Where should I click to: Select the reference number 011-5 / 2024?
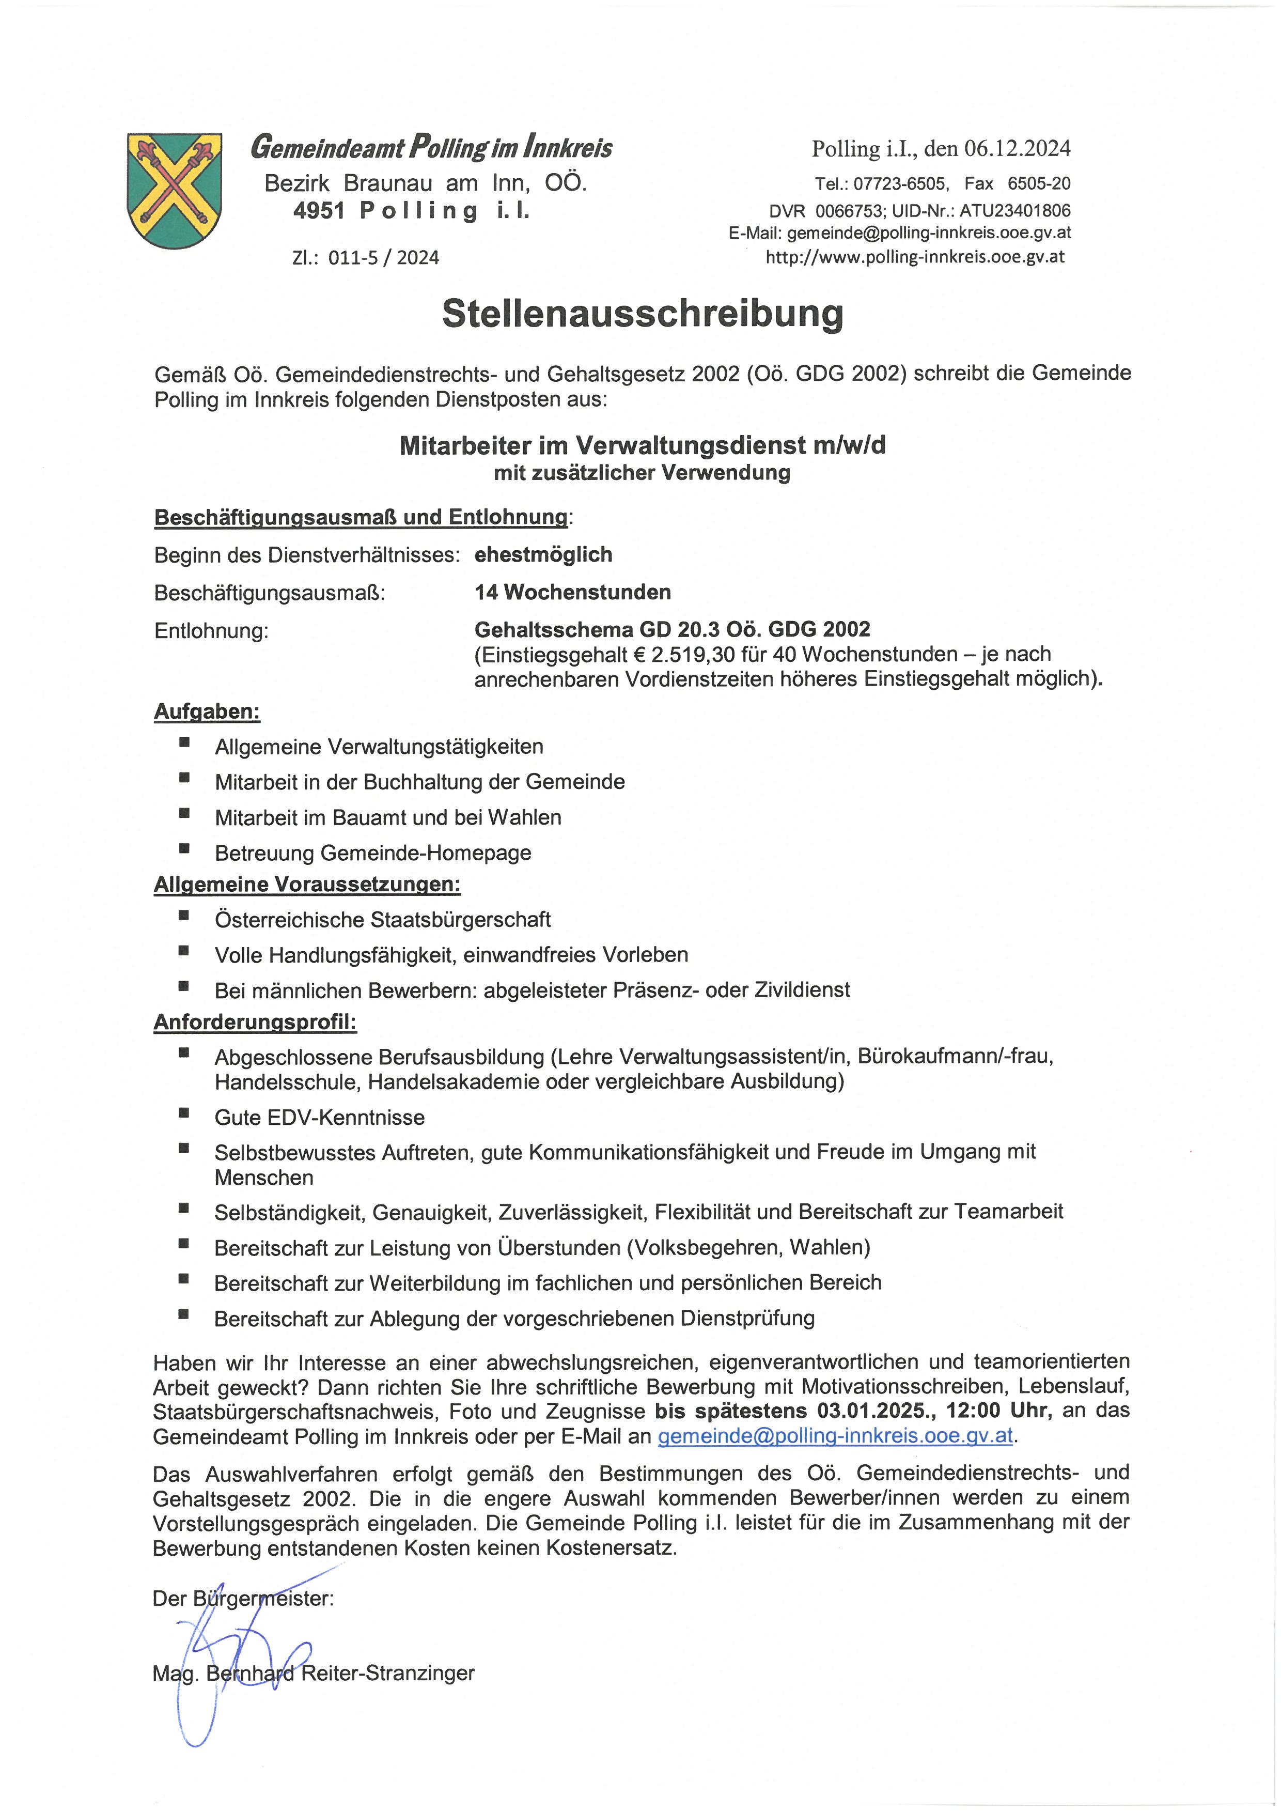pyautogui.click(x=383, y=258)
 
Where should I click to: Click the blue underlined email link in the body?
pyautogui.click(x=835, y=1435)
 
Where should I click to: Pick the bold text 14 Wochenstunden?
pyautogui.click(x=573, y=592)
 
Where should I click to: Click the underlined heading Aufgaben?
pyautogui.click(x=207, y=712)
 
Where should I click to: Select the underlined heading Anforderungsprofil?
pyautogui.click(x=255, y=1023)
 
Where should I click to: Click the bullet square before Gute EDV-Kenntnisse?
pyautogui.click(x=184, y=1113)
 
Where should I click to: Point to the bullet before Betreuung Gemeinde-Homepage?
pyautogui.click(x=184, y=849)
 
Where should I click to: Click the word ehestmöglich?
pyautogui.click(x=543, y=555)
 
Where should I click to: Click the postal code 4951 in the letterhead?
pyautogui.click(x=319, y=211)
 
